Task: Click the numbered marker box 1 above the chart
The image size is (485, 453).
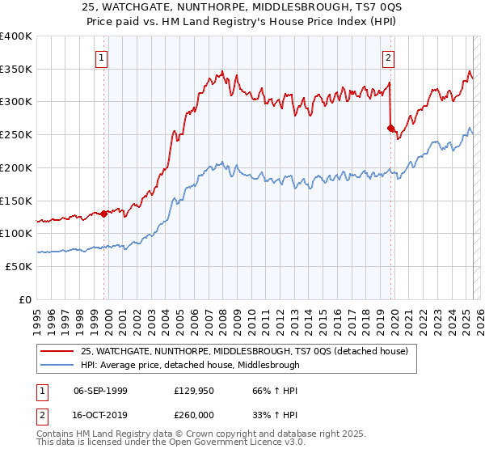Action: [x=102, y=57]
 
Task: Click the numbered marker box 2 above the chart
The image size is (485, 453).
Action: [x=389, y=57]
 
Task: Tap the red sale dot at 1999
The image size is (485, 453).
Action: [x=104, y=214]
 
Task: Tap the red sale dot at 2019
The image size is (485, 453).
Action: [x=390, y=128]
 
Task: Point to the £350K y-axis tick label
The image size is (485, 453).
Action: [x=16, y=70]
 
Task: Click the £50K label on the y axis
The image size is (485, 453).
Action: [x=19, y=266]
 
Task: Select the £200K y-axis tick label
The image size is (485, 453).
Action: [x=16, y=167]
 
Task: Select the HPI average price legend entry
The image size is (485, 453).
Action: [x=190, y=365]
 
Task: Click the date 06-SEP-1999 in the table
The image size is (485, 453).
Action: [x=100, y=391]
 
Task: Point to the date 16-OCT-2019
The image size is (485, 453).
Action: [x=100, y=414]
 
